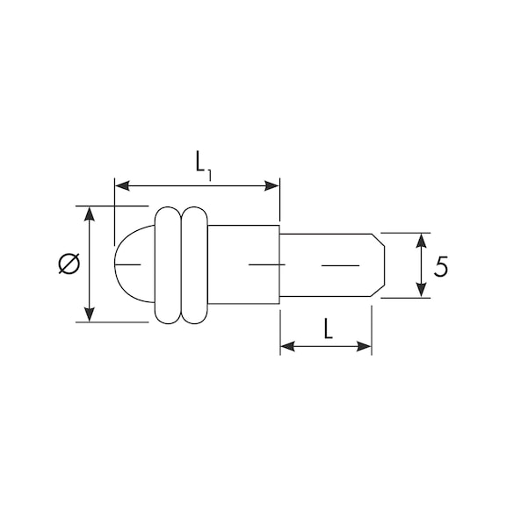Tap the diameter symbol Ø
(69, 264)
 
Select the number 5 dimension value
(441, 266)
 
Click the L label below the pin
(328, 329)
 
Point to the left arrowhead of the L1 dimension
(123, 186)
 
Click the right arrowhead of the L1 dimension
(271, 186)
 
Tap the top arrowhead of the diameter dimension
(89, 214)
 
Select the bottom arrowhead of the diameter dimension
(89, 314)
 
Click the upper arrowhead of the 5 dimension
(422, 241)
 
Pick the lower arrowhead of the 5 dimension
(422, 290)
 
